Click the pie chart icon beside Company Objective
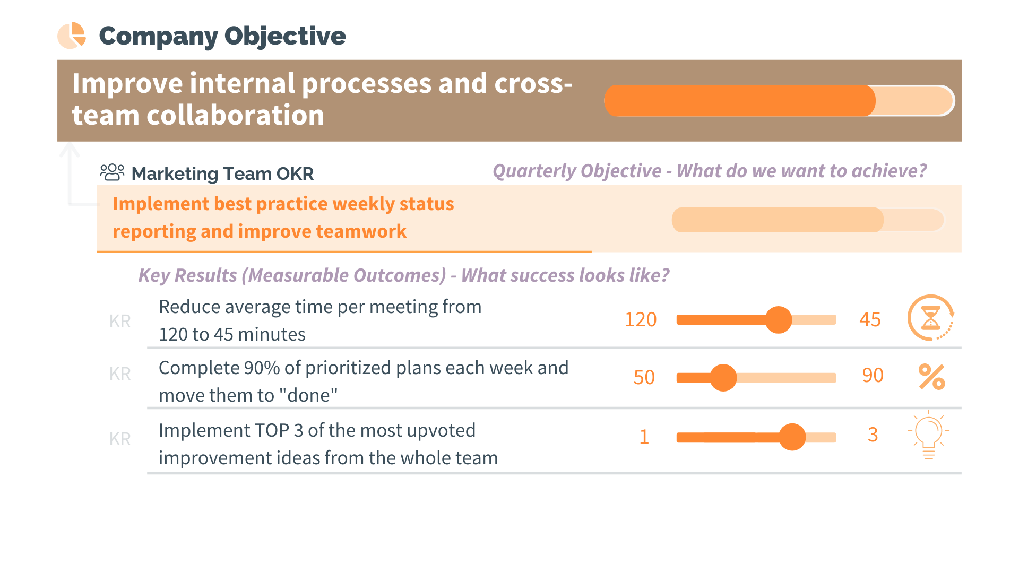click(72, 36)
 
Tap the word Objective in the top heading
click(285, 36)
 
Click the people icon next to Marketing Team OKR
click(112, 172)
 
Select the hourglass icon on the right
click(930, 318)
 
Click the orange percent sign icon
click(931, 377)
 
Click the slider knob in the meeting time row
click(779, 320)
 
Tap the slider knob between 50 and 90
click(723, 378)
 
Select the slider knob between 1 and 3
click(792, 437)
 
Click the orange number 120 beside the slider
click(641, 320)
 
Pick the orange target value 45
click(870, 320)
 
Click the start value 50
click(644, 377)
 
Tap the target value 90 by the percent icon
click(873, 376)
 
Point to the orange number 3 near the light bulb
click(873, 435)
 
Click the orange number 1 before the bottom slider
click(644, 437)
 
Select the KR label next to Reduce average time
click(120, 321)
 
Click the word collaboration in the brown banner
click(235, 116)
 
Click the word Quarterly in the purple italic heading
click(536, 171)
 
